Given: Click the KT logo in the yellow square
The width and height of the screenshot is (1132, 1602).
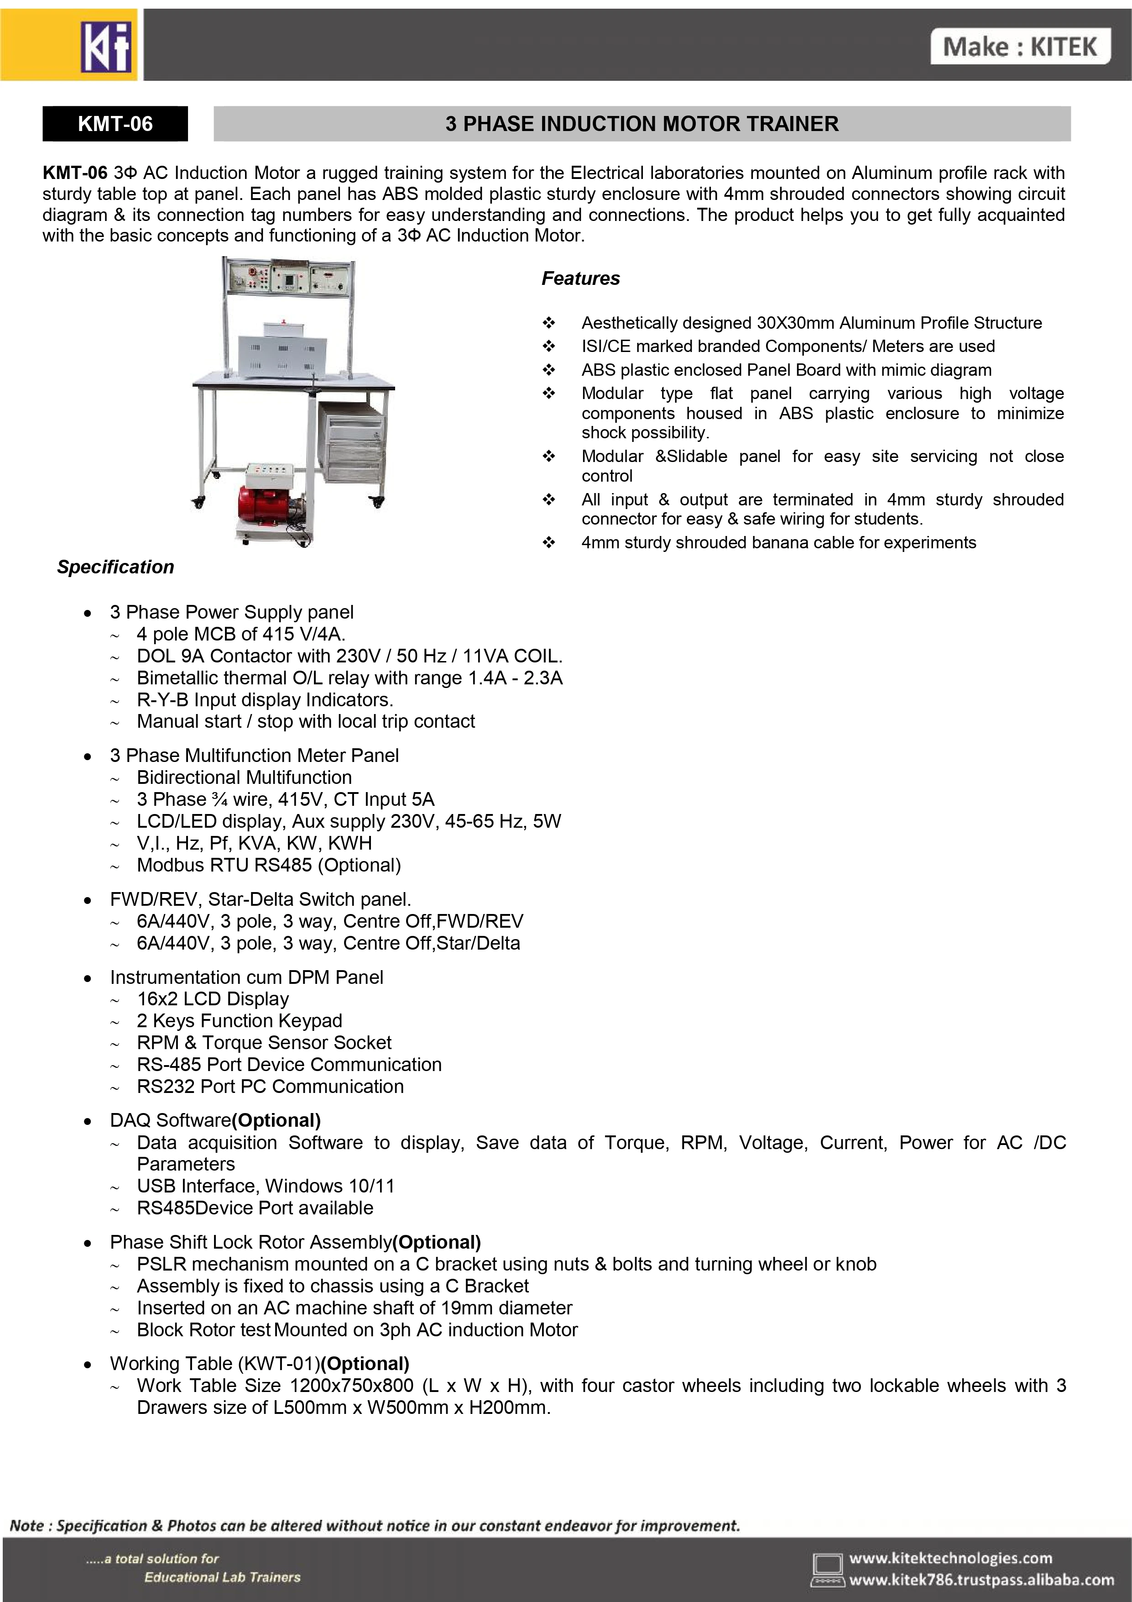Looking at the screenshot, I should tap(106, 47).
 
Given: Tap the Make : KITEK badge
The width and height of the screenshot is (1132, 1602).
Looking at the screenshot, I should tap(1020, 47).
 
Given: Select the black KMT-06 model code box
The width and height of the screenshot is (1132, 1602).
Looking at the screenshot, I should tap(115, 124).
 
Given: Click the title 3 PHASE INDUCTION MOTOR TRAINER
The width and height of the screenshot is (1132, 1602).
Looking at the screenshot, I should tap(642, 124).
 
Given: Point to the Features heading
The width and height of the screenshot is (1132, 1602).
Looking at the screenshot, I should tap(580, 278).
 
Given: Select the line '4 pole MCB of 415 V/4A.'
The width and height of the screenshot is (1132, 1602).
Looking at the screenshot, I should tap(240, 634).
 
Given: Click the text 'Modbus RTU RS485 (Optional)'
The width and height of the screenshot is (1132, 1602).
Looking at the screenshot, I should tap(269, 865).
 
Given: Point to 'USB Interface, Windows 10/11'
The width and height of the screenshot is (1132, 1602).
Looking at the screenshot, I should tap(266, 1186).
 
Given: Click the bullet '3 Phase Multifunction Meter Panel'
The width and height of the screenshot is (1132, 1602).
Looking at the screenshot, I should tap(254, 755).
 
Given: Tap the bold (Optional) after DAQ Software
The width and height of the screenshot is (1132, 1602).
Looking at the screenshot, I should tap(276, 1120).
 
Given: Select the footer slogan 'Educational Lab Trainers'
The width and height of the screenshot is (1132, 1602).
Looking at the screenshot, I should tap(222, 1577).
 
